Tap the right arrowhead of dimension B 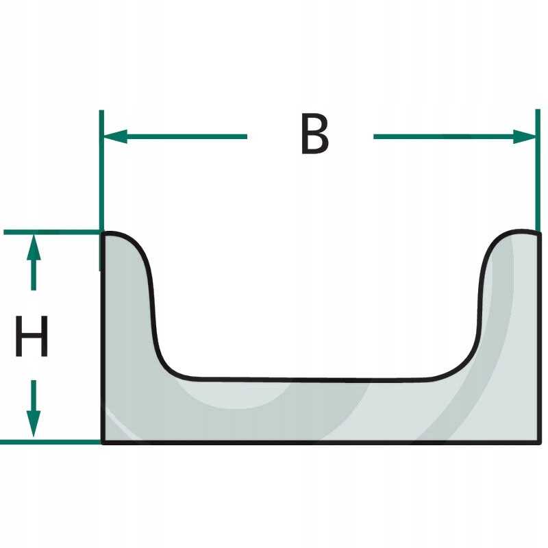coord(524,136)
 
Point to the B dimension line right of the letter coord(445,136)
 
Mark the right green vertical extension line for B coord(537,171)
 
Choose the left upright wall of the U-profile coord(127,308)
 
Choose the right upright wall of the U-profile coord(510,308)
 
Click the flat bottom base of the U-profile coord(315,411)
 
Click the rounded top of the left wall coord(120,236)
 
